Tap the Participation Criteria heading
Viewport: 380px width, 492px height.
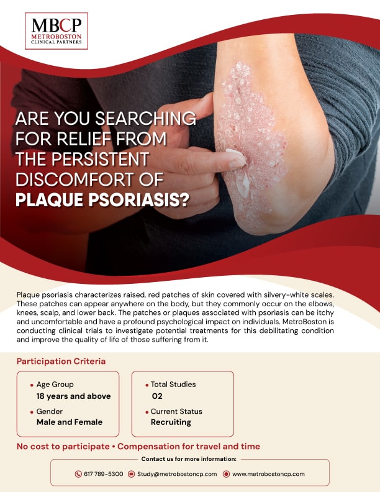(61, 361)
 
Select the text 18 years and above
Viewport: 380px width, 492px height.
(74, 396)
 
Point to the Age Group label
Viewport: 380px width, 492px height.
(58, 385)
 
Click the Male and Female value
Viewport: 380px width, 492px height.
(70, 422)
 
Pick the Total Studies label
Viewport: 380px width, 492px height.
(173, 385)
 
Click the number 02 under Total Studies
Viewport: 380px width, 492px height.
(157, 396)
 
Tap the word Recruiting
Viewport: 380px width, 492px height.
(171, 422)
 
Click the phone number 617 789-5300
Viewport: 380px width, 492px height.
(104, 474)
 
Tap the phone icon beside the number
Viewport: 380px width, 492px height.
(78, 474)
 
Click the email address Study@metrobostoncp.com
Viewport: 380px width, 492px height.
(177, 474)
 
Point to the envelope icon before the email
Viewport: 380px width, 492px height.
(132, 474)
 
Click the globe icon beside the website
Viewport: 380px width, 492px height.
(227, 474)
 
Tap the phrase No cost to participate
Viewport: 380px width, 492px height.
(63, 447)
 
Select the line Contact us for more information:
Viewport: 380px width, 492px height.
(189, 459)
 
